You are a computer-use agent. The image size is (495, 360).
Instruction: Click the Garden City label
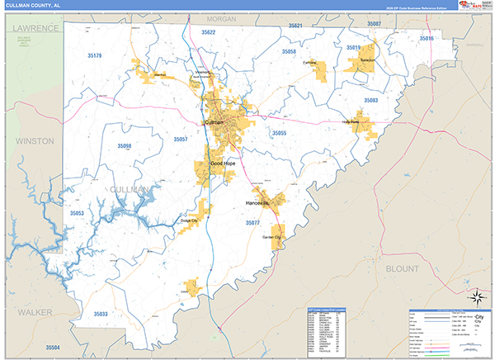[x=271, y=238]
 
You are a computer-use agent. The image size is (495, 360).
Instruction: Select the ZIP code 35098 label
[x=124, y=145]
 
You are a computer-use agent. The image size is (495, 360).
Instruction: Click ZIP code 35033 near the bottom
[x=100, y=314]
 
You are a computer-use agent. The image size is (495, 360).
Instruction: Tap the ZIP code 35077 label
[x=252, y=223]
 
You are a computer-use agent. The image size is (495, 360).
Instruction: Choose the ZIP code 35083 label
[x=370, y=100]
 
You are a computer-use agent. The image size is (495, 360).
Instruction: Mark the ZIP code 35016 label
[x=426, y=39]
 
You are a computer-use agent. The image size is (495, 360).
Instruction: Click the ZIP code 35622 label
[x=208, y=32]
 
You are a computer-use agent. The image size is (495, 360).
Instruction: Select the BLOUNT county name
[x=402, y=268]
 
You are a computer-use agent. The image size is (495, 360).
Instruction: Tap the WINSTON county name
[x=34, y=141]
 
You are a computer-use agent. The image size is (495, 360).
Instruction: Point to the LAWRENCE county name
[x=37, y=28]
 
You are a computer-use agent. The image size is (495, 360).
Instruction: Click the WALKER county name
[x=34, y=312]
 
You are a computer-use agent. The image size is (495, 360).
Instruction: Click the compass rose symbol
[x=476, y=296]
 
